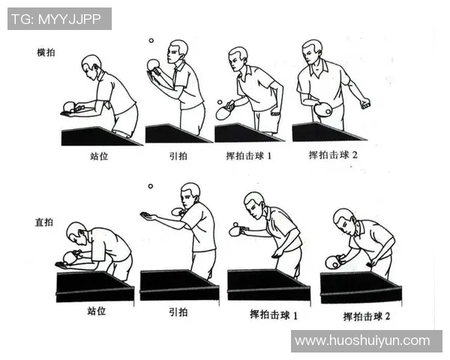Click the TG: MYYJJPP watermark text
(59, 19)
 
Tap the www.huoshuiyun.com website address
(362, 340)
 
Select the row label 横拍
(46, 53)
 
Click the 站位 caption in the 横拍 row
(98, 158)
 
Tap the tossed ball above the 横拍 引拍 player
(151, 40)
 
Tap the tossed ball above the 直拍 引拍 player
(150, 186)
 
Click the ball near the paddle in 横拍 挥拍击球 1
(220, 101)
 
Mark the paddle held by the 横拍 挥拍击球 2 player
(323, 109)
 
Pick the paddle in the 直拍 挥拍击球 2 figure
(332, 262)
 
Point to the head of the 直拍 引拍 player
(190, 193)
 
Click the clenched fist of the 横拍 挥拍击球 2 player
(365, 103)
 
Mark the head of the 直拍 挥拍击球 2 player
(343, 220)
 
